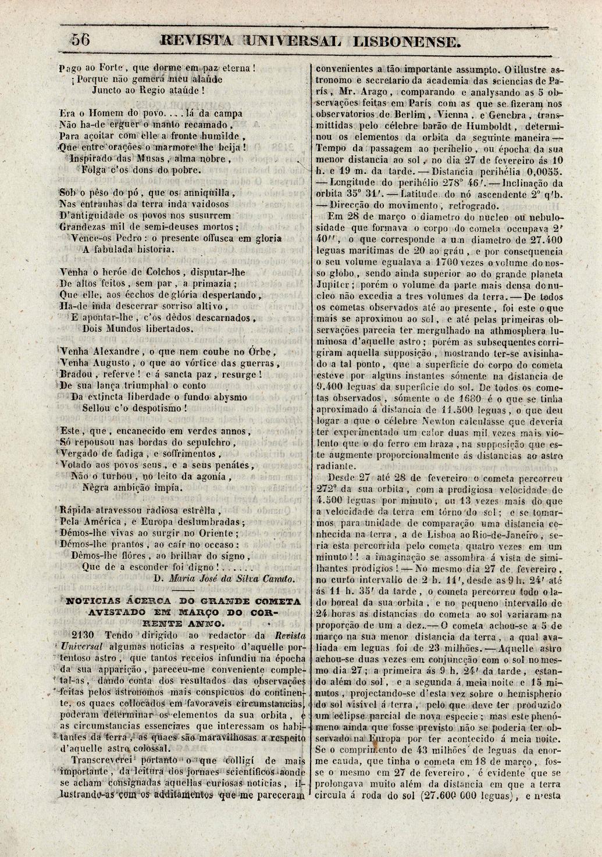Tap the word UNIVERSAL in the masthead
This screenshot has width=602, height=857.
293,41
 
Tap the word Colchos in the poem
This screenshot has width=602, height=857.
149,272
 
